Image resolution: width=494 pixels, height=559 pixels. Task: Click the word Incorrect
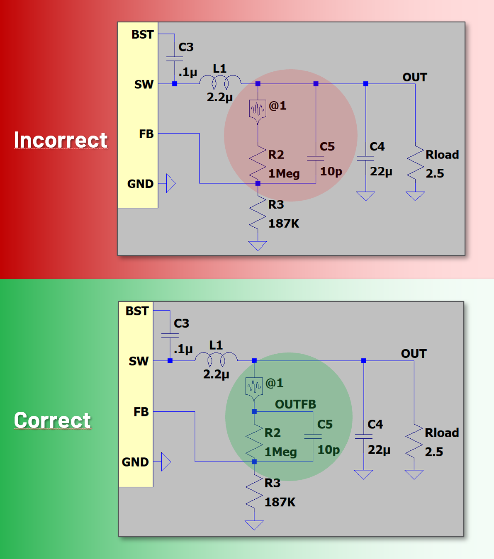click(61, 140)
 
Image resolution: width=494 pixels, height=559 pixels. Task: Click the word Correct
click(52, 420)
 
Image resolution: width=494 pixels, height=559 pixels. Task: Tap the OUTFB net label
click(295, 404)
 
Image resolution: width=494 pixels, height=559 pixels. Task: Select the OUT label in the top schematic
click(414, 77)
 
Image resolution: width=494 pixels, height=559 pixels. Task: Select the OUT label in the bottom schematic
click(414, 354)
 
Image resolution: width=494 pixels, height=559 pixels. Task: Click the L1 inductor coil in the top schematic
click(220, 81)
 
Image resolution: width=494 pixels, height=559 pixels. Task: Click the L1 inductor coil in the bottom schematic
click(216, 358)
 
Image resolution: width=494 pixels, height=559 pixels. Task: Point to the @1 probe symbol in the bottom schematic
click(254, 387)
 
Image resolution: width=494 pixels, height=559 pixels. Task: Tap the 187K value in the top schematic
click(284, 224)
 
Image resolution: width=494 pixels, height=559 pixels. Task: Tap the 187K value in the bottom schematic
click(280, 502)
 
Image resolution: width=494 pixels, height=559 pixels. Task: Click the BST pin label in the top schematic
click(142, 34)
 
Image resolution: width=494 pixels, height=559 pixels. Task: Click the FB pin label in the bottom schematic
click(141, 412)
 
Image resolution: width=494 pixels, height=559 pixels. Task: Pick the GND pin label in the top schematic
click(140, 184)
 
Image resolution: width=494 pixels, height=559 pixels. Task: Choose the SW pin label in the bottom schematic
click(139, 361)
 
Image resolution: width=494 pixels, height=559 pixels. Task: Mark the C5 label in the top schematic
click(327, 146)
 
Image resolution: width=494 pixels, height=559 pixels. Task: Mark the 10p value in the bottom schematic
click(329, 450)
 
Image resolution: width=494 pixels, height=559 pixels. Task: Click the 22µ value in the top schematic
click(381, 171)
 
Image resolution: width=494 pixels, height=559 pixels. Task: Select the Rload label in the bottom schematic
click(442, 433)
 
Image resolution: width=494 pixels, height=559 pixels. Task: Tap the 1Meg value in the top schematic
click(284, 173)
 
